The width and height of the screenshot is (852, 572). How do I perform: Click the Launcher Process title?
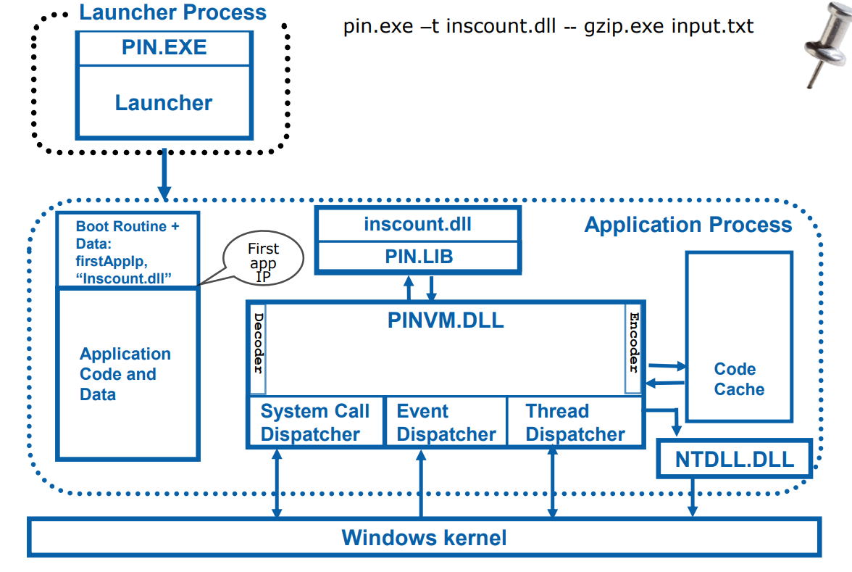click(172, 12)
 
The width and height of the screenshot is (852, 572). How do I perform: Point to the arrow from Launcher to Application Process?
click(164, 173)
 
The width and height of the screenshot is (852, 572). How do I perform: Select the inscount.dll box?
click(417, 225)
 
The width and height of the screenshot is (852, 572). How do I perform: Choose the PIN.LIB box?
click(417, 257)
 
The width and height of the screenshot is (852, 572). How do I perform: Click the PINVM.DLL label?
click(445, 320)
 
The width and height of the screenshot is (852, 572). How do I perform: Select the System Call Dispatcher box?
click(314, 423)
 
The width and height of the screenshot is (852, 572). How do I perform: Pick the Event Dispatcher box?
click(445, 423)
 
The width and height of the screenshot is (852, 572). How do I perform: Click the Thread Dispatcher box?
click(575, 423)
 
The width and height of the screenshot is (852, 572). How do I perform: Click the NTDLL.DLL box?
click(734, 459)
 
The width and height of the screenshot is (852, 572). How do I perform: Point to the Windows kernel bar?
click(424, 538)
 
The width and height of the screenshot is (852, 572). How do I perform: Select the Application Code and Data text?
click(125, 374)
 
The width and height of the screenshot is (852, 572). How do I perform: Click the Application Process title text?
click(688, 225)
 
